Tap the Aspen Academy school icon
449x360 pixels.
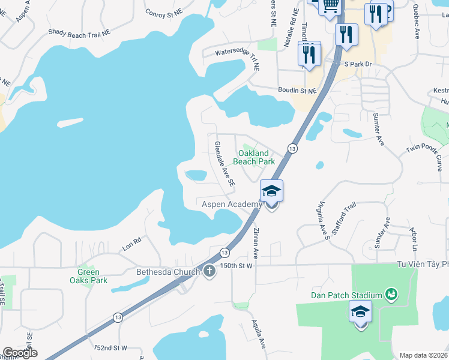[x=271, y=192]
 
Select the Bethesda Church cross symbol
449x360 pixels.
[x=209, y=271]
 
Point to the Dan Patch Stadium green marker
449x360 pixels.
[x=392, y=294]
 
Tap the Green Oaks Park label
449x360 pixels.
[x=88, y=276]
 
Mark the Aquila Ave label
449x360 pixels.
[x=259, y=334]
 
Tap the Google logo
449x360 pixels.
[x=20, y=352]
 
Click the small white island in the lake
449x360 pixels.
[x=70, y=122]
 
